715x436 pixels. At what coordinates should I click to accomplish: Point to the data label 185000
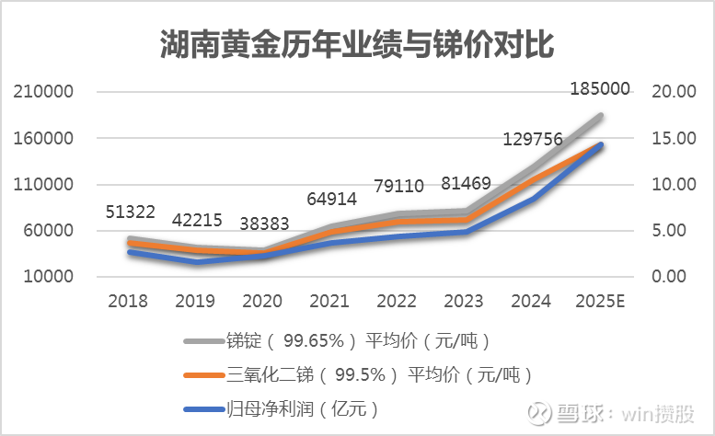click(x=600, y=89)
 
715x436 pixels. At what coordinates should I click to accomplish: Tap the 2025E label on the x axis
click(x=601, y=301)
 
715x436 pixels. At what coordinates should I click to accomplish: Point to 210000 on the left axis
click(x=42, y=92)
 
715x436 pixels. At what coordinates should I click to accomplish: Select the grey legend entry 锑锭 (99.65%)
click(x=359, y=340)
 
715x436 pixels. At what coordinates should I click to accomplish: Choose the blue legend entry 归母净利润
click(x=304, y=407)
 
